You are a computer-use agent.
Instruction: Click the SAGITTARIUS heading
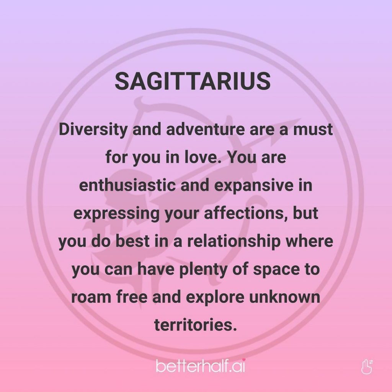coord(193,81)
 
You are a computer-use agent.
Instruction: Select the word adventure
coord(206,129)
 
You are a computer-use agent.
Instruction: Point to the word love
coord(201,157)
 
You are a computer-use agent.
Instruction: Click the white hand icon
coord(367,366)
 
